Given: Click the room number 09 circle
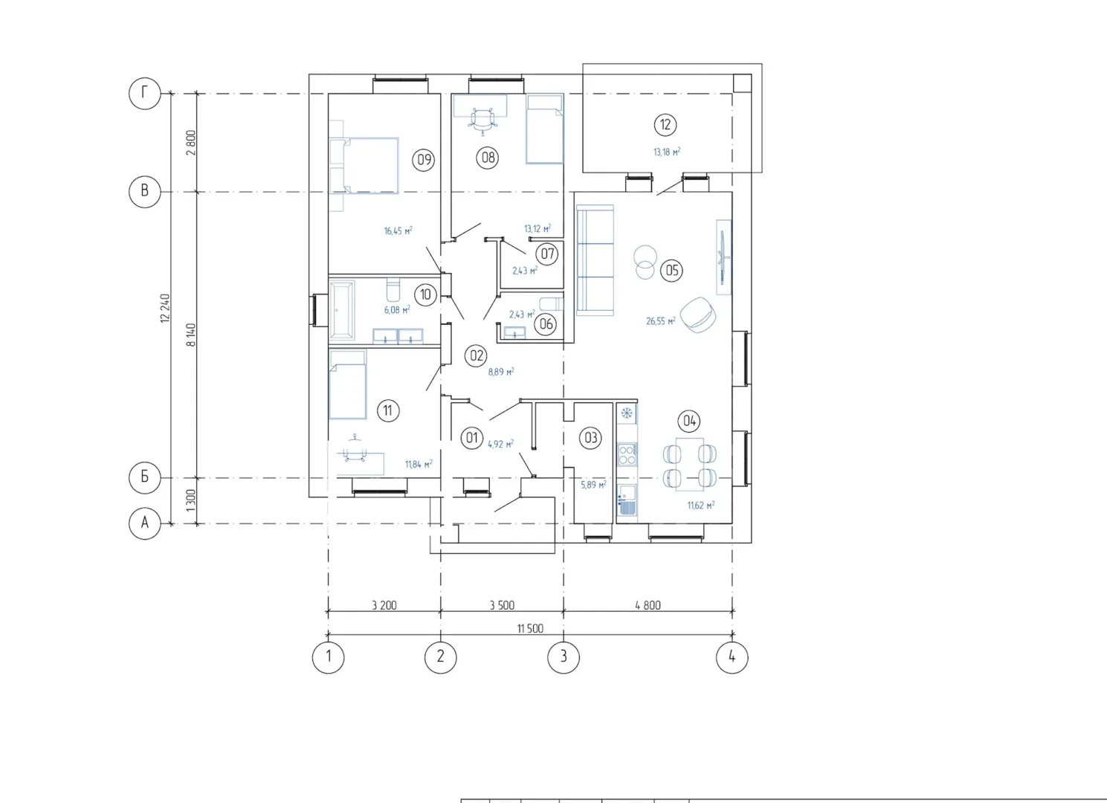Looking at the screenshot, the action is [424, 160].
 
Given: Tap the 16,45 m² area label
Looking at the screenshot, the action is [398, 230].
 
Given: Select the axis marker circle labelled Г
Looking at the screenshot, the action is [145, 93].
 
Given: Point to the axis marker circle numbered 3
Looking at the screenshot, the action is [564, 657].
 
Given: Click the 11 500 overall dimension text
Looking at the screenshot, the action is [530, 628].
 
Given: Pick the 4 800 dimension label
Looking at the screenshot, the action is [648, 604].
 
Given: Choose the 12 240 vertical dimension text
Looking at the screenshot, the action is [165, 309].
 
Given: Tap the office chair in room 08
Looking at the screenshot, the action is [483, 120].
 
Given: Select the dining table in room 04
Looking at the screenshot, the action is [690, 465].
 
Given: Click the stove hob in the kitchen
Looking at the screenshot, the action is [627, 454].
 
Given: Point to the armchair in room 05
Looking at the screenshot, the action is [698, 315].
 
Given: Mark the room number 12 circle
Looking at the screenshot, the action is [665, 124].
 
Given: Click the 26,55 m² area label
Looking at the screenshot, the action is [661, 321].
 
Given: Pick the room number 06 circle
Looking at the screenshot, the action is [546, 324].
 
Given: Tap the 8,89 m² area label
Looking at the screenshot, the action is [501, 372].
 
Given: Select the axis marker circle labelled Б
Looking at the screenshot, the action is [145, 477].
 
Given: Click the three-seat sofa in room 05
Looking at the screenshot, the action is [595, 260].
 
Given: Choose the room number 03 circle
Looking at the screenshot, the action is [591, 438].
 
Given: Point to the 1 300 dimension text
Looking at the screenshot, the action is [192, 500].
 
